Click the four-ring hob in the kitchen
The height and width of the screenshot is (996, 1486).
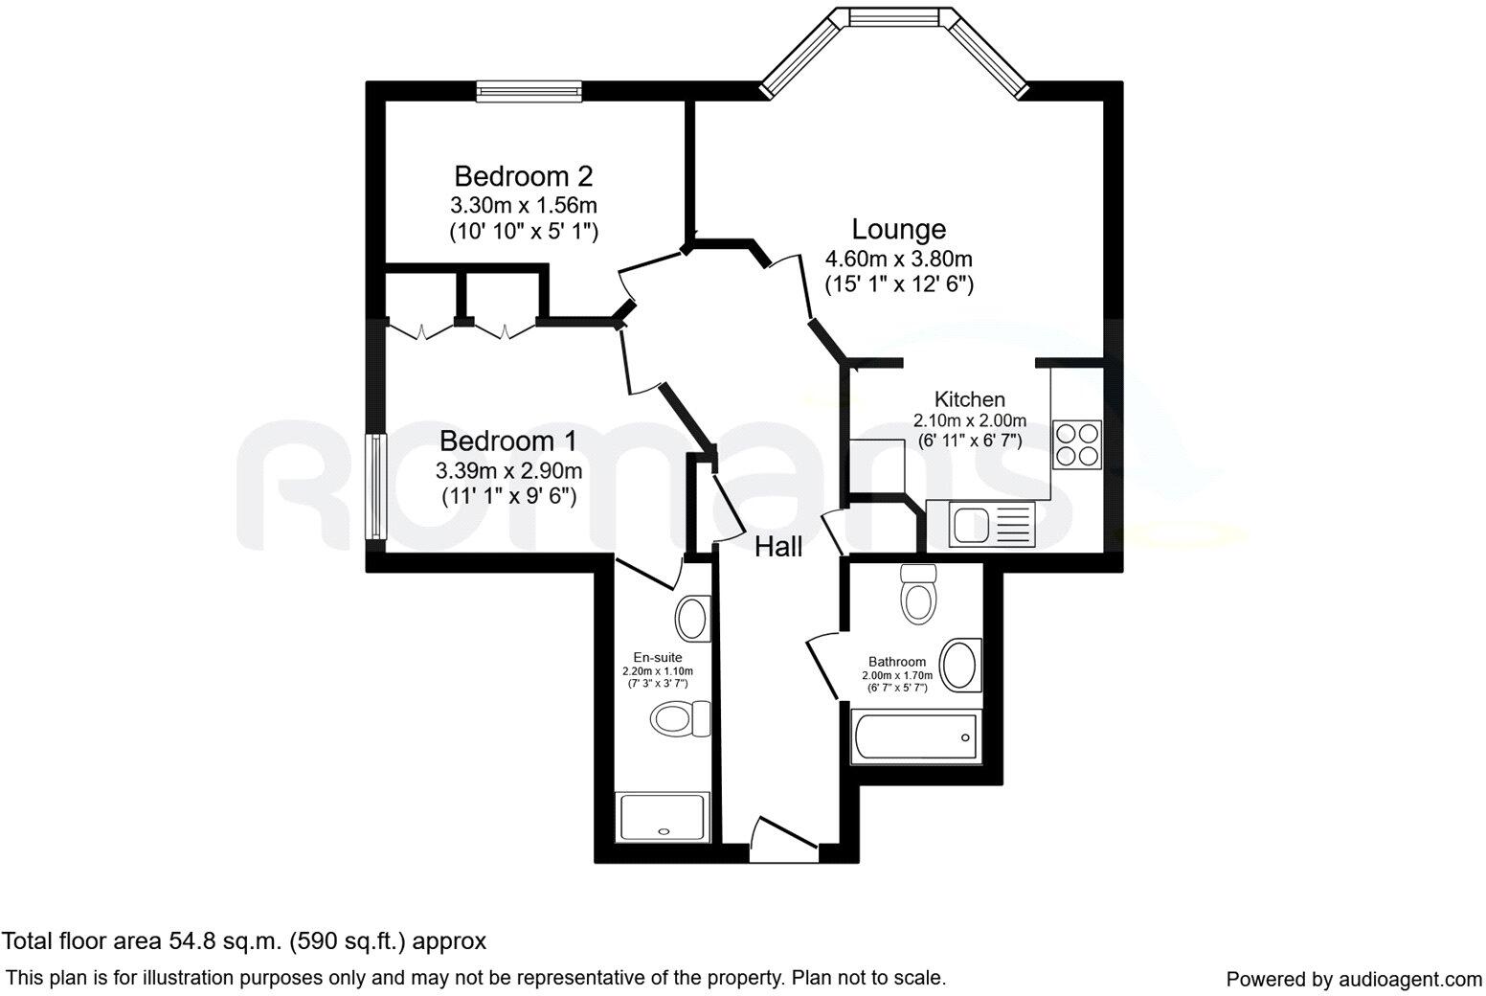point(1077,444)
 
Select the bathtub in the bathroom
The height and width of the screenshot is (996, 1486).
point(915,737)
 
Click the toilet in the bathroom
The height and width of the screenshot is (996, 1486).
point(918,595)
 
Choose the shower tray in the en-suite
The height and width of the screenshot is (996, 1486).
point(664,817)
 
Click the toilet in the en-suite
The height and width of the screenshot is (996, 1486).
point(681,717)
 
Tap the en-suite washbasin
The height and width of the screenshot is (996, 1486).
point(692,618)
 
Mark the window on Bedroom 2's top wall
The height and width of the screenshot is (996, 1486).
point(529,91)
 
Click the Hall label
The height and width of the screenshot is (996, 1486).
point(778,547)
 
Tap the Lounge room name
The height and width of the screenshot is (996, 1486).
point(899,230)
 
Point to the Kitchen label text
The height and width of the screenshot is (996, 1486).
point(970,399)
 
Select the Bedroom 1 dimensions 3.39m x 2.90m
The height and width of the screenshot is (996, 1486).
point(508,470)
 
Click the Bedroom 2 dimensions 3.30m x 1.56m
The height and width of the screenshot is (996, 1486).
point(523,205)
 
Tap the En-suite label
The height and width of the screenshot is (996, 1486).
point(657,657)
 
